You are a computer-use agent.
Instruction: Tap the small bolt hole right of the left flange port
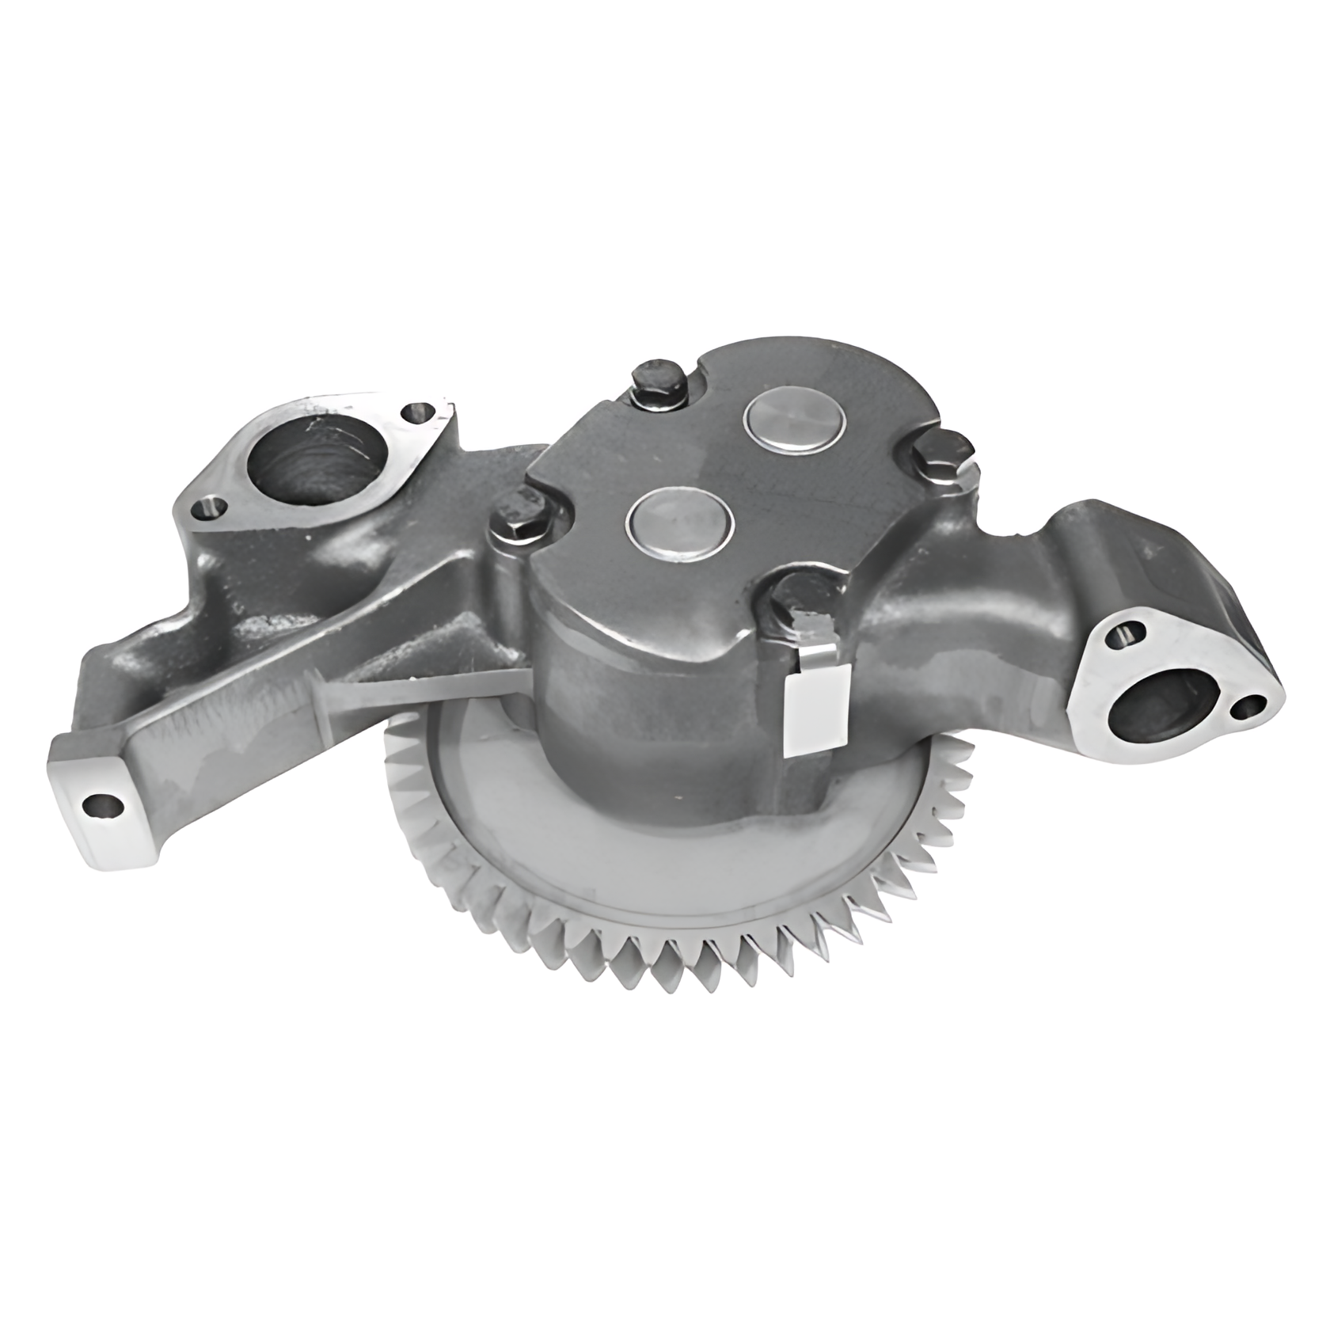[417, 412]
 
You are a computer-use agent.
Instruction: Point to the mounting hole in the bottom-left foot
[103, 805]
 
